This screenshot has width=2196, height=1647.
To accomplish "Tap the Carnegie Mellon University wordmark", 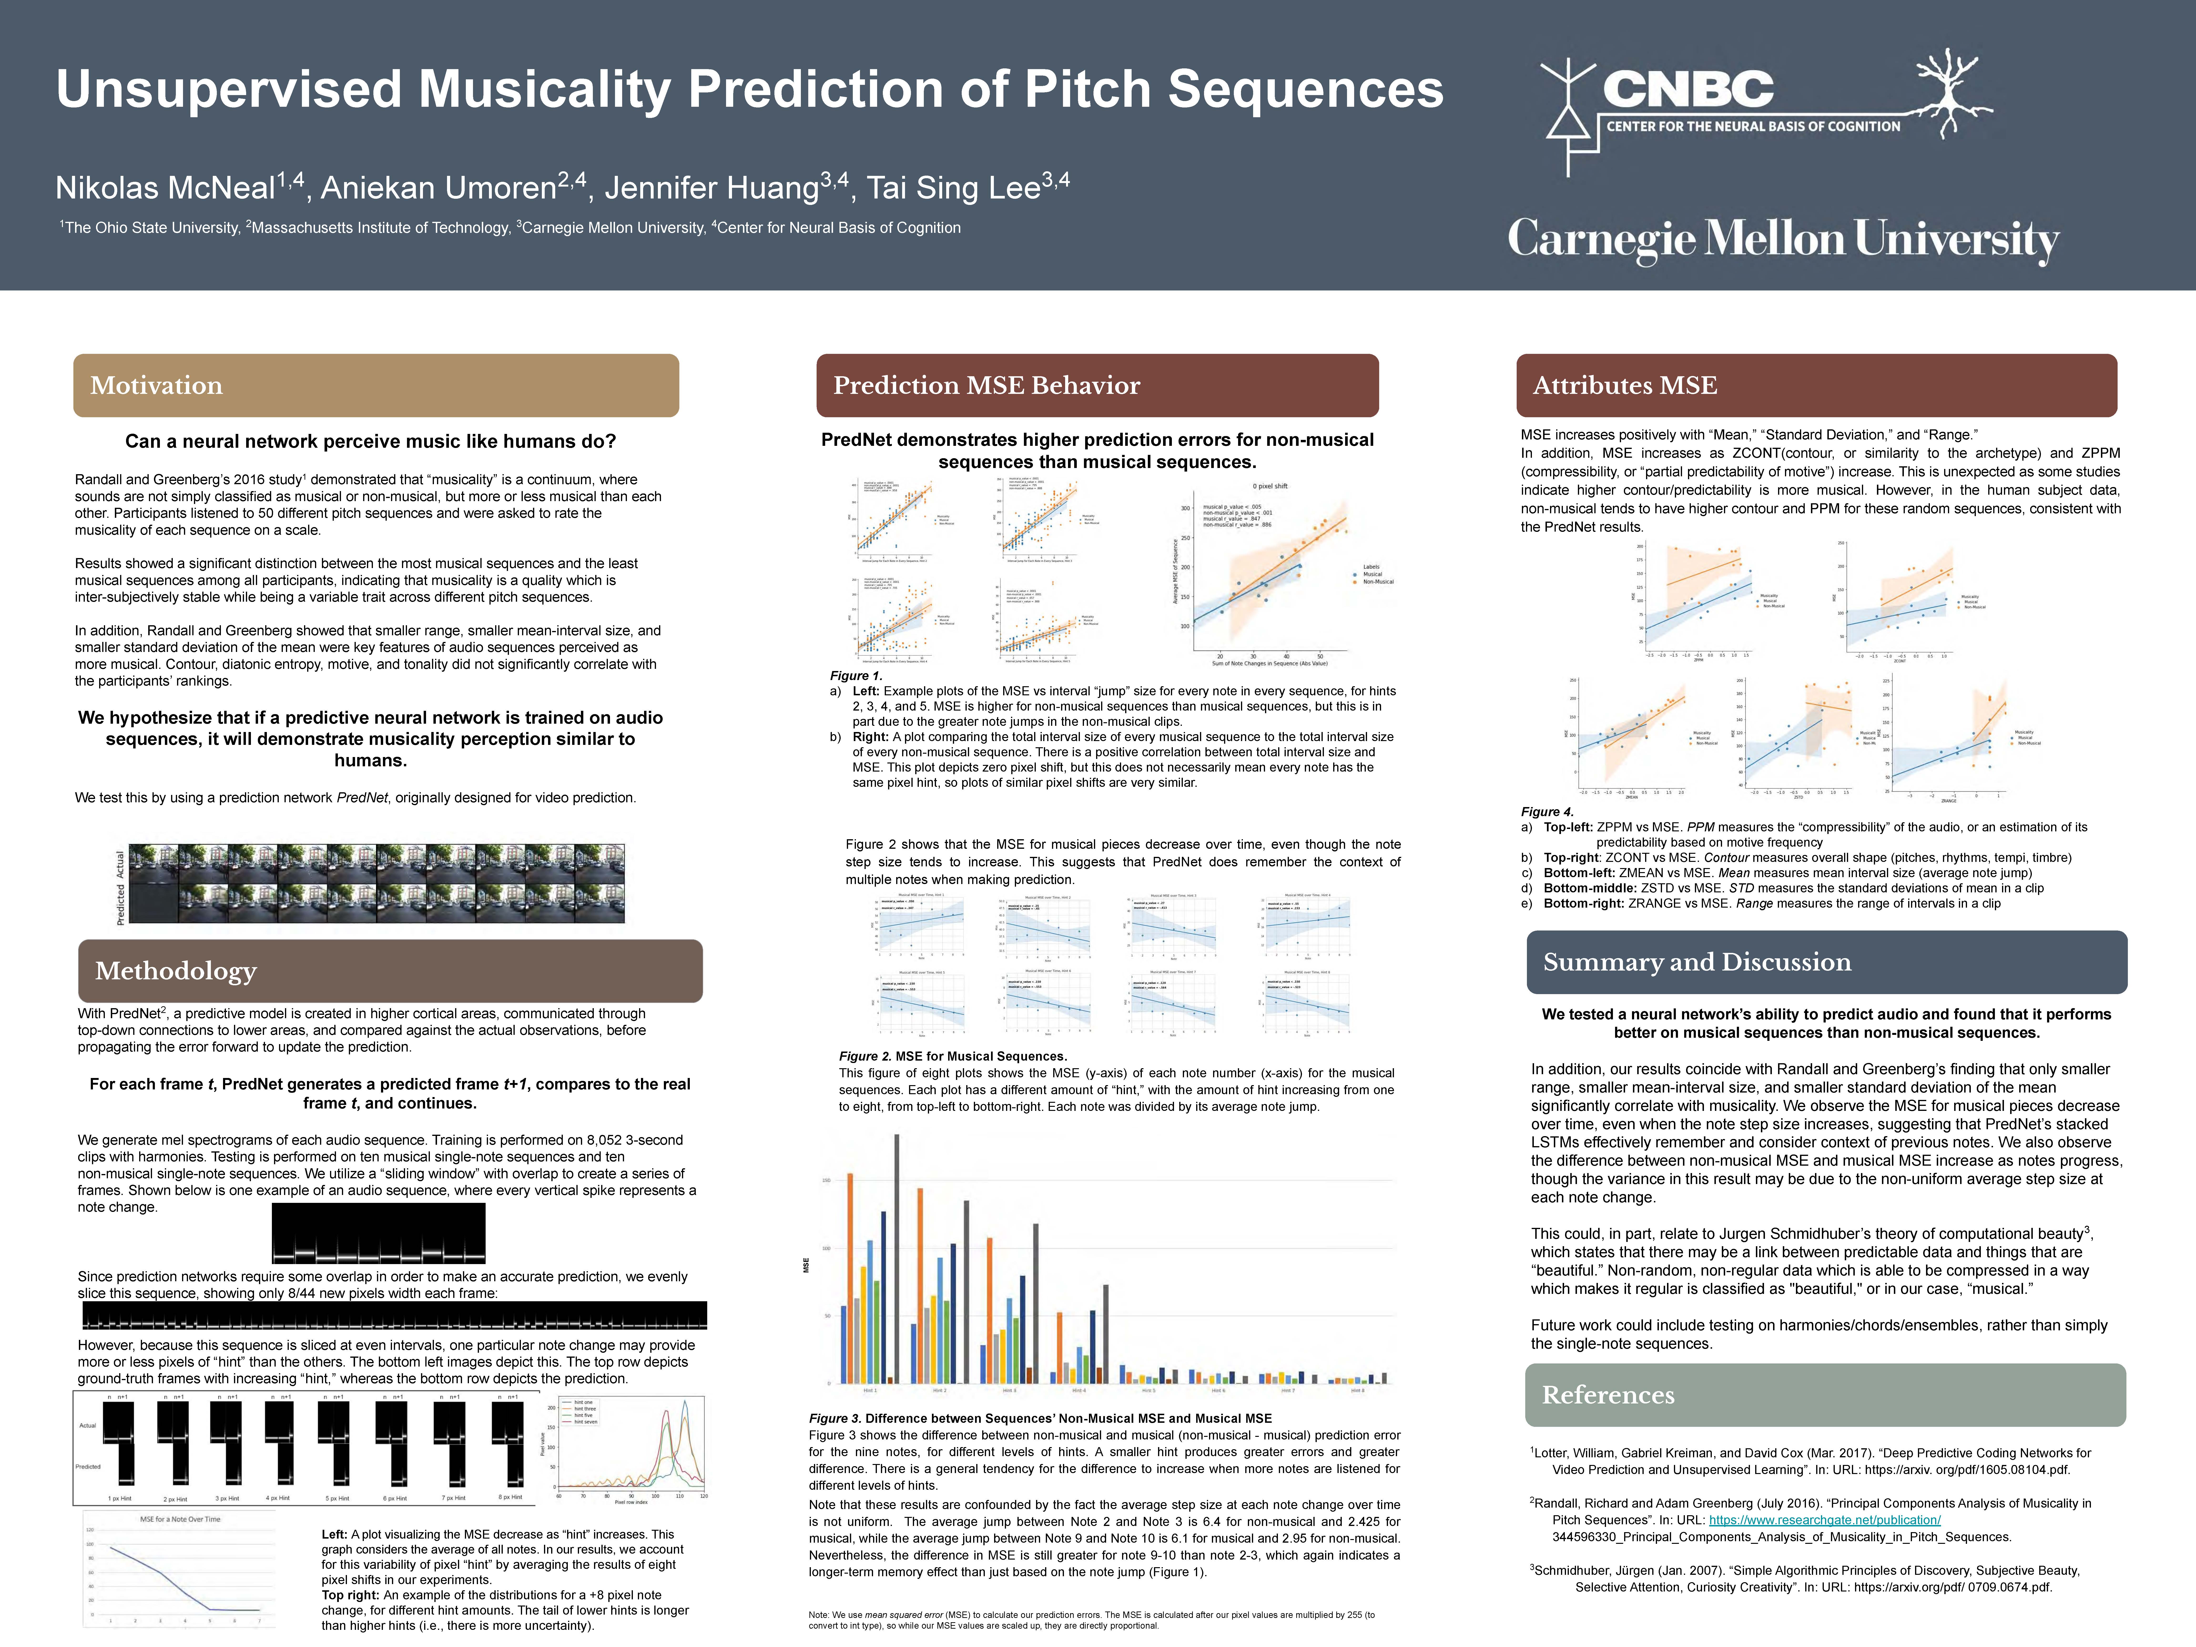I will (1783, 239).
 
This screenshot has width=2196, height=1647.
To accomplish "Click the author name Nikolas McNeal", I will (165, 188).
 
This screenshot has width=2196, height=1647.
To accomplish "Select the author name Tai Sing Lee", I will (953, 188).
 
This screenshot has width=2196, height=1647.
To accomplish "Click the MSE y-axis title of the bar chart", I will (806, 1266).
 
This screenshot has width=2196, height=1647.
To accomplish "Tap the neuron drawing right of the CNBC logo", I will (1951, 94).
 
